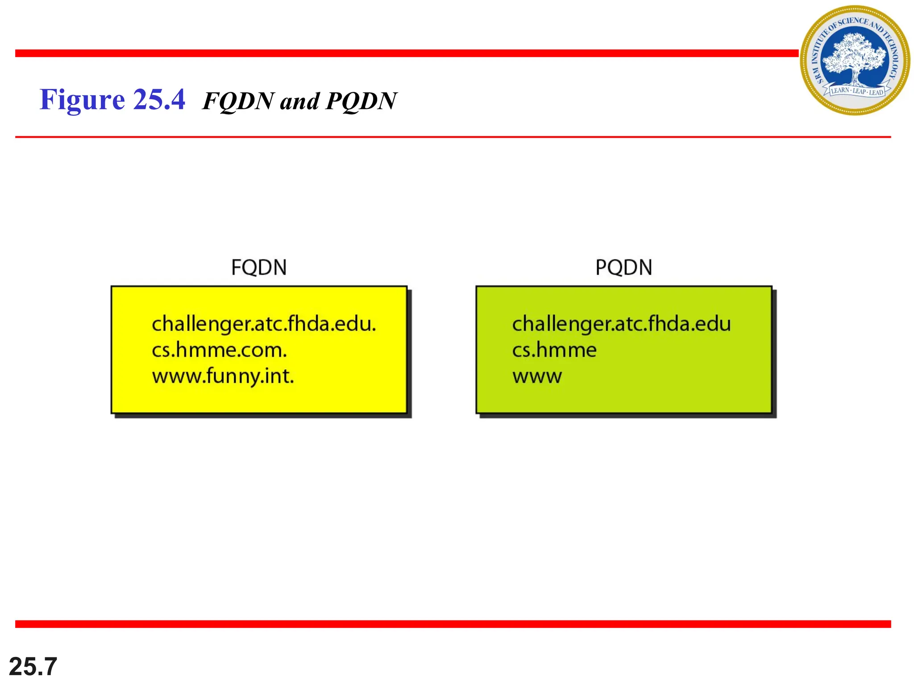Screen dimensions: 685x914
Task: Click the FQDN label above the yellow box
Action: (259, 268)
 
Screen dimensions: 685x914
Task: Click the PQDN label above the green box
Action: (623, 268)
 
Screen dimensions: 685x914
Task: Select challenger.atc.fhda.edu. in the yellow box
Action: (264, 324)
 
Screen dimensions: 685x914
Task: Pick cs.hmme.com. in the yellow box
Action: (219, 350)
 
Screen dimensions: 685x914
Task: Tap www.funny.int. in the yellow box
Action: (223, 376)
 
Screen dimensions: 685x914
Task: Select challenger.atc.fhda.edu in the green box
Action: (621, 324)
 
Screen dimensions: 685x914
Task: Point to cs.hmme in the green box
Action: (554, 350)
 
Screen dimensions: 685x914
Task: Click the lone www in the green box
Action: (537, 376)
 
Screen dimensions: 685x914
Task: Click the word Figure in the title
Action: (82, 99)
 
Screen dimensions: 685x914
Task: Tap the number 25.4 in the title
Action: (159, 99)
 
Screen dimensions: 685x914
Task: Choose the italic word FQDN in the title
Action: (238, 101)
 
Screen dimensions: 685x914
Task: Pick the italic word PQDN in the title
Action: (361, 101)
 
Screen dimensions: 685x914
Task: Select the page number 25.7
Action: (33, 666)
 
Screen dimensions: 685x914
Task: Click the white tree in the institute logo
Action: (853, 56)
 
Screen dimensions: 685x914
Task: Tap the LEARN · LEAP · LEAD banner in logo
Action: (856, 91)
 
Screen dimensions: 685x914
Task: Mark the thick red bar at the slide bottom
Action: (453, 624)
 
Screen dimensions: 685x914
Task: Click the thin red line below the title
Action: (453, 137)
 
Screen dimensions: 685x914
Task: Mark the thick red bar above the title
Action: (406, 54)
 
